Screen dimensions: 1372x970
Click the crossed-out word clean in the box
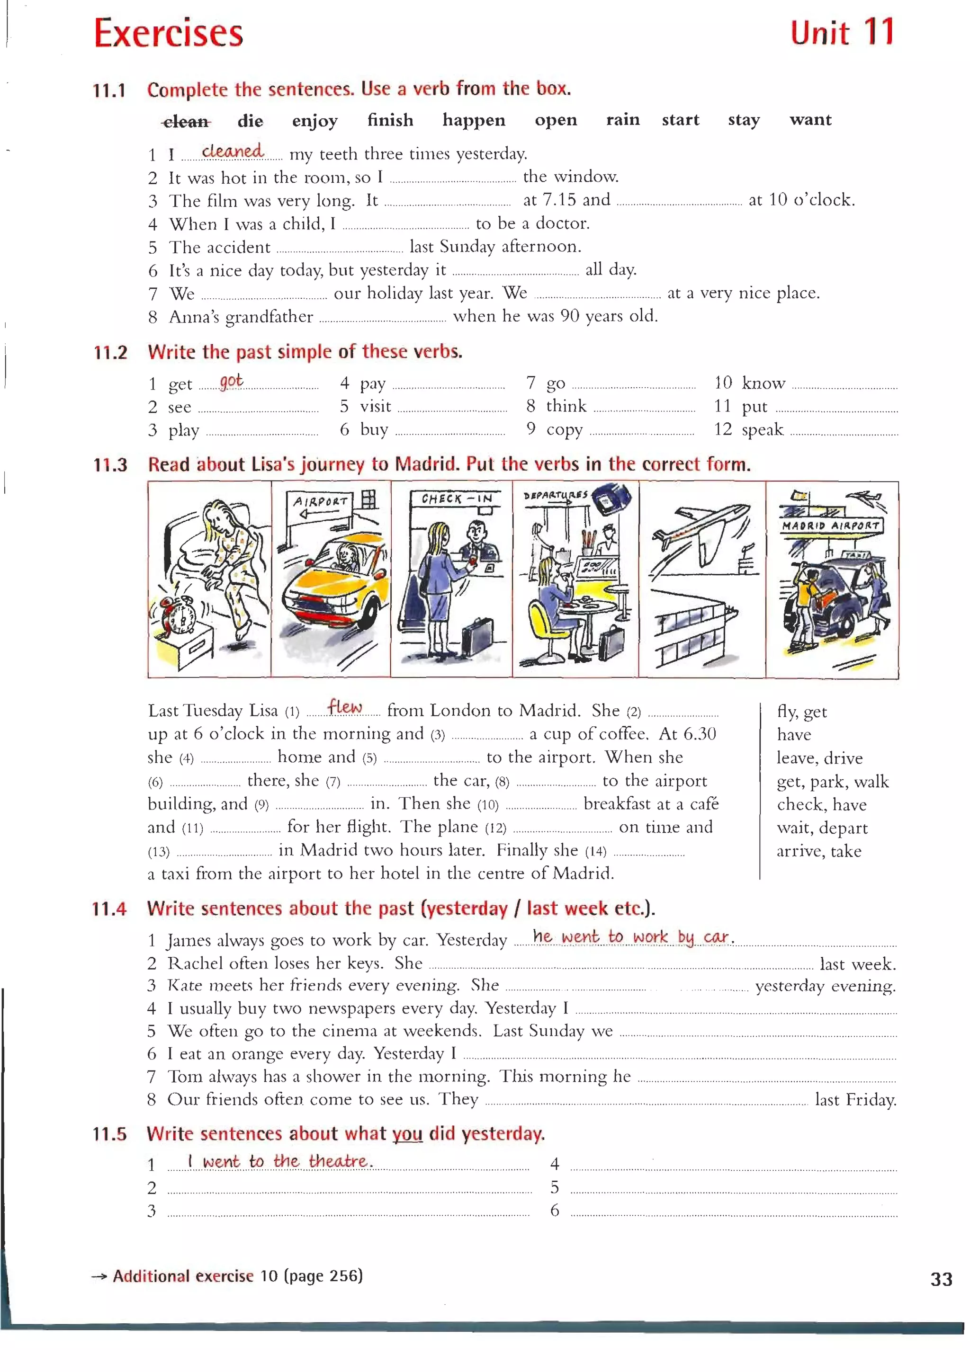pyautogui.click(x=186, y=122)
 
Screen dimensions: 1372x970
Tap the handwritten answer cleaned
pyautogui.click(x=233, y=151)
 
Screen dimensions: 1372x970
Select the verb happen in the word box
pyautogui.click(x=473, y=120)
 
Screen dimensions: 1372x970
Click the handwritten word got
pyautogui.click(x=231, y=381)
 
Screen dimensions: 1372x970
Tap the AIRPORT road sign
pyautogui.click(x=320, y=502)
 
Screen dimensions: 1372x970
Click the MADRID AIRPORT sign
pyautogui.click(x=831, y=525)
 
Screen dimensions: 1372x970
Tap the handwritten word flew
pyautogui.click(x=345, y=707)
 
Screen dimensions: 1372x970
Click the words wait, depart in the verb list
pyautogui.click(x=822, y=828)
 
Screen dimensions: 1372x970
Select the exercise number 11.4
pyautogui.click(x=109, y=909)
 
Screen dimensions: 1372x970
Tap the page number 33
pyautogui.click(x=941, y=1279)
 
